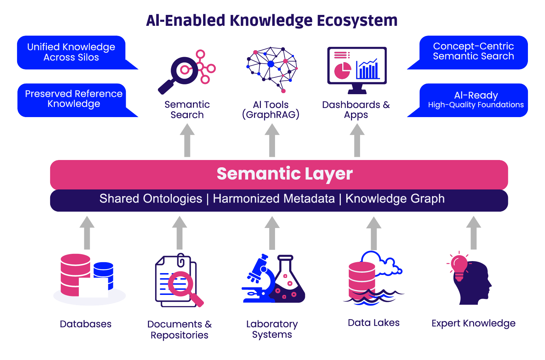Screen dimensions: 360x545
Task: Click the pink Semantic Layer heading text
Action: (x=284, y=174)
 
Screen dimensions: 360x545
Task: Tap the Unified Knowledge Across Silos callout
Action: (x=71, y=52)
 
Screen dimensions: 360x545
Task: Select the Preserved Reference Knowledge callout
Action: (x=73, y=99)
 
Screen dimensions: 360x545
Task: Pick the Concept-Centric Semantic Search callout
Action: (x=473, y=52)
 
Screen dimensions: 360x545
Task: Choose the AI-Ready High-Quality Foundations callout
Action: (x=475, y=100)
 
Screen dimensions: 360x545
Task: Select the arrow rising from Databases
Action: (x=87, y=233)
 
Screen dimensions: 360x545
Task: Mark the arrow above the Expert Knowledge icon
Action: (x=473, y=233)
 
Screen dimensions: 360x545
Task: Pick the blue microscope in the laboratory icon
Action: (x=260, y=278)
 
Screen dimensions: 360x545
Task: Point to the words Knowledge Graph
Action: (x=395, y=199)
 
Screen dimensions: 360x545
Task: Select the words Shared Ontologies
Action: (x=151, y=199)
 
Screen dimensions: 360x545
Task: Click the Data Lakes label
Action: (x=374, y=323)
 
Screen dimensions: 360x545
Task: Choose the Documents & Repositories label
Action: (x=179, y=329)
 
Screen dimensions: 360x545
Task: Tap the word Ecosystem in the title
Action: (x=357, y=21)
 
